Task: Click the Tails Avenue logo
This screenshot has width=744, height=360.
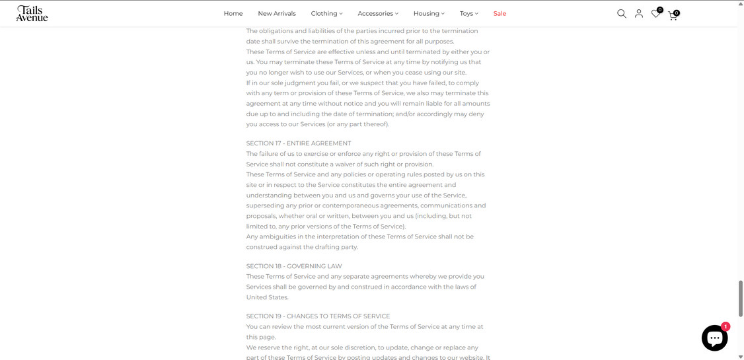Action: click(x=32, y=13)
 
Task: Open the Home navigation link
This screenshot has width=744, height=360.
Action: click(x=233, y=13)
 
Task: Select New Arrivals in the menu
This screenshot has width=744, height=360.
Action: click(x=277, y=13)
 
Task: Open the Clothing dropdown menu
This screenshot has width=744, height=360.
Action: click(x=326, y=13)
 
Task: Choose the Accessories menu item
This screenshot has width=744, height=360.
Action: click(x=378, y=13)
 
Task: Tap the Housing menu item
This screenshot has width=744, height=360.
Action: click(x=429, y=13)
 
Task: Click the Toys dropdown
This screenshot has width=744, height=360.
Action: click(x=468, y=13)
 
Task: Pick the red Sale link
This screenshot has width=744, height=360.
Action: click(x=500, y=13)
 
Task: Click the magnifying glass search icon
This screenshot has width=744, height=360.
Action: click(x=622, y=13)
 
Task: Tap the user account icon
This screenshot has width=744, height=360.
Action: click(x=639, y=13)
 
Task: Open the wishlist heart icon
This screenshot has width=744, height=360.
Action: click(x=655, y=13)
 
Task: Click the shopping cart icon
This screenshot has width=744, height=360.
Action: click(x=673, y=14)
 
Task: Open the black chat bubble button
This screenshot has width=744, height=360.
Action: click(x=714, y=338)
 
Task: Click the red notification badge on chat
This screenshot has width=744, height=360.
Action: click(x=725, y=326)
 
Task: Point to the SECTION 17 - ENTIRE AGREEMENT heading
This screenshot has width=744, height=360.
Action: click(x=299, y=143)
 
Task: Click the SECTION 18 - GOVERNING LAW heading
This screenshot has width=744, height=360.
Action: click(x=294, y=266)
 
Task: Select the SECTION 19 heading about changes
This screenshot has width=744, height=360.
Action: click(x=318, y=316)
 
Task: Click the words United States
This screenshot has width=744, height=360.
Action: click(x=268, y=297)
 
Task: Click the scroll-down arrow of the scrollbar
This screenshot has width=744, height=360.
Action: click(x=740, y=357)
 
